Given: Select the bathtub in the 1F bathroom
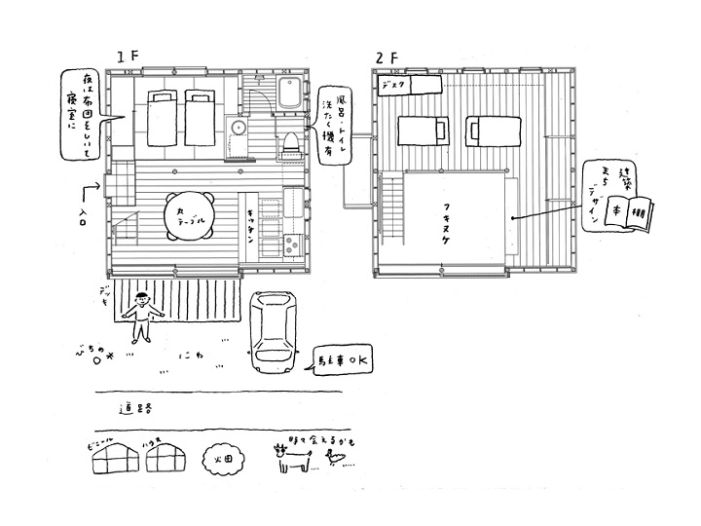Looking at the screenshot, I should [x=289, y=95].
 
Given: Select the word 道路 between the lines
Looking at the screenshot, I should [x=136, y=408].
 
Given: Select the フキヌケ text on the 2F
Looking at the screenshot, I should [x=456, y=215].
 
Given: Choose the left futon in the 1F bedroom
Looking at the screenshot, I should [x=160, y=118].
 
